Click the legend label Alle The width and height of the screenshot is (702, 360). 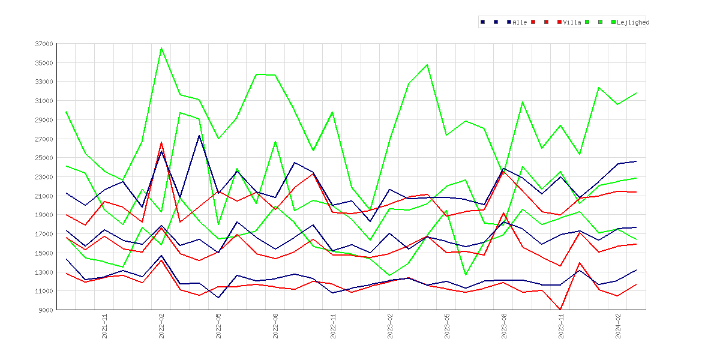[x=520, y=22]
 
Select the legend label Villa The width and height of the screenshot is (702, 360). [x=572, y=22]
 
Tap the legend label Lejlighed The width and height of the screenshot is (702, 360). [x=633, y=22]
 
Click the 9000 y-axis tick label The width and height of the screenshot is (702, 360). [x=46, y=310]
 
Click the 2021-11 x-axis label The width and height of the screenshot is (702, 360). [x=104, y=326]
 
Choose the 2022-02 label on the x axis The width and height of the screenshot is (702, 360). [x=161, y=326]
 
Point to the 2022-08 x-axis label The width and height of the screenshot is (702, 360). [x=276, y=326]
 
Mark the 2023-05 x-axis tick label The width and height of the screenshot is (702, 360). [x=447, y=326]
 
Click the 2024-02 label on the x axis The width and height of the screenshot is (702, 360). [x=618, y=326]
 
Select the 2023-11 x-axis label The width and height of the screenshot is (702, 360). [x=561, y=326]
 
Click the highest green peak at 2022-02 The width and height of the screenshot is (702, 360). [x=161, y=48]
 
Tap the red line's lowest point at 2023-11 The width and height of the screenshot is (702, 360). [x=560, y=310]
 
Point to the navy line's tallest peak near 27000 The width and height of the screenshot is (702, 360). [x=199, y=135]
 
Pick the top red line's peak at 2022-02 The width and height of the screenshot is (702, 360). [x=161, y=142]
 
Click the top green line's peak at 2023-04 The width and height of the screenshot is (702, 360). [x=428, y=64]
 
